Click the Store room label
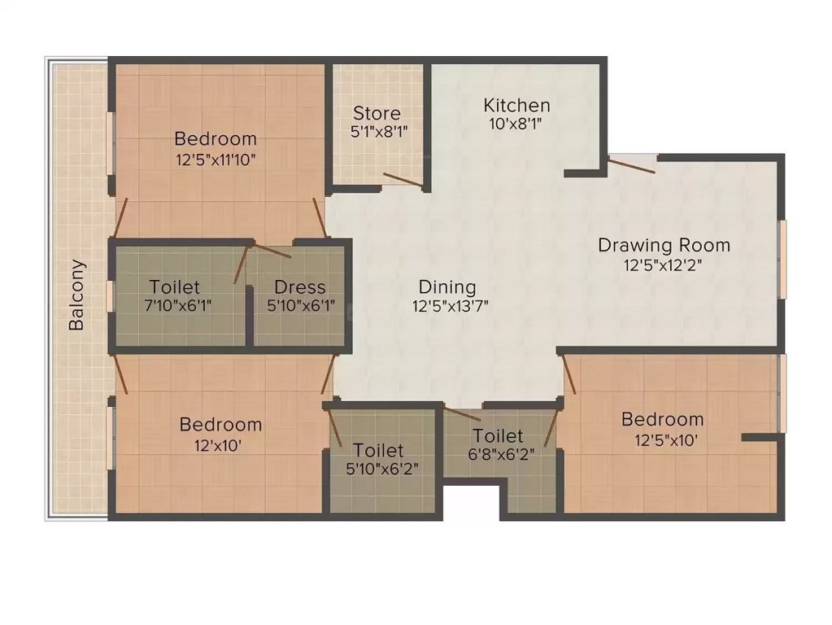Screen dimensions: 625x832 pos(377,113)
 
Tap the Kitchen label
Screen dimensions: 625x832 pos(516,105)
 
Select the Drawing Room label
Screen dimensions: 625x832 pos(664,244)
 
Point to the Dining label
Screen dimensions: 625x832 pos(446,287)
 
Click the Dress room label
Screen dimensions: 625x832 pos(299,287)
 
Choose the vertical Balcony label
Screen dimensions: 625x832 pos(76,295)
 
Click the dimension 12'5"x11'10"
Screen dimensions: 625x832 pos(216,160)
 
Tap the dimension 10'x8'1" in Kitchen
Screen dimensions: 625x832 pos(514,125)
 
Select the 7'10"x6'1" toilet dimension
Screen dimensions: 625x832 pos(174,306)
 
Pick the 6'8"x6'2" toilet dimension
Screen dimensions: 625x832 pos(499,455)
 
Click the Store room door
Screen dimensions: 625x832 pos(403,181)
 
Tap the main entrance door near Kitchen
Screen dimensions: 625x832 pos(634,164)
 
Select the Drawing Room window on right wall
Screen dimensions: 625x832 pos(783,260)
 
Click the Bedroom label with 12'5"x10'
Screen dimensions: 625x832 pos(662,419)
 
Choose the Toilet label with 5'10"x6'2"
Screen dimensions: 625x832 pos(378,450)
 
